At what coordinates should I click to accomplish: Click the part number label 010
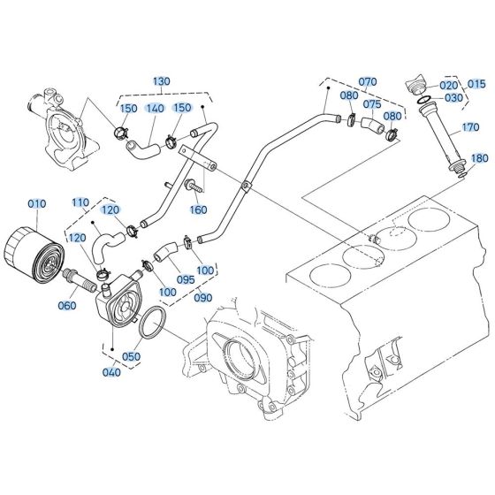click(36, 205)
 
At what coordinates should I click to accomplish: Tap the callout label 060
click(67, 305)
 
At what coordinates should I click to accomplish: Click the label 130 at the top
click(161, 81)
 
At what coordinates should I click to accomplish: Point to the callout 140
click(156, 108)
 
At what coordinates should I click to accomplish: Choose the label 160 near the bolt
click(199, 210)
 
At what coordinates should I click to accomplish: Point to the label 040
click(111, 372)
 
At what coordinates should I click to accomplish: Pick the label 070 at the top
click(367, 81)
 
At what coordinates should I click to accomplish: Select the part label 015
click(478, 85)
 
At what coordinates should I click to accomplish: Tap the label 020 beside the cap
click(450, 85)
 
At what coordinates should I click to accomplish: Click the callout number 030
click(454, 98)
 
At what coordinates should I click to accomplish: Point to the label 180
click(479, 159)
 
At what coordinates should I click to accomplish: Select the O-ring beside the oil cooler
click(153, 324)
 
